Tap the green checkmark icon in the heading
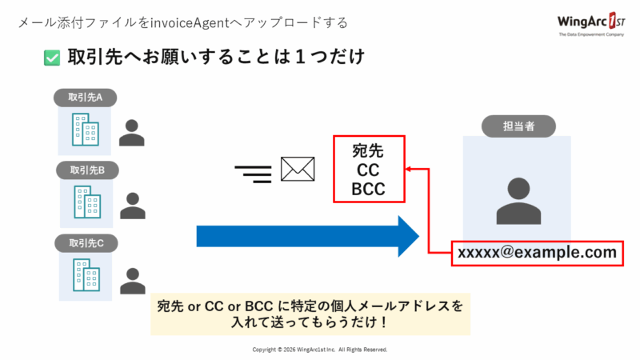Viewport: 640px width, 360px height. [x=52, y=58]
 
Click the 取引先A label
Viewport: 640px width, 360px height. [x=86, y=98]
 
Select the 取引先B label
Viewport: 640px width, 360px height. [x=87, y=170]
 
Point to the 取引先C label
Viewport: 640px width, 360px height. [x=86, y=242]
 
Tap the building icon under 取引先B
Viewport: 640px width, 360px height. [x=86, y=203]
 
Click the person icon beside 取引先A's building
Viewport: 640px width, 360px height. [x=132, y=133]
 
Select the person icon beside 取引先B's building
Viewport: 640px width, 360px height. [x=132, y=206]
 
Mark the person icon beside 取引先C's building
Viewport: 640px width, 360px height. [x=132, y=279]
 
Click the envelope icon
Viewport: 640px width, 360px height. [x=298, y=170]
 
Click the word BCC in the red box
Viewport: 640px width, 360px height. [x=369, y=190]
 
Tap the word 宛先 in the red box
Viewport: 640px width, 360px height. [x=369, y=150]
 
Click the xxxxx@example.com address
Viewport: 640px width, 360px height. [x=537, y=253]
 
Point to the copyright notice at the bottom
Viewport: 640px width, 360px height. [x=320, y=350]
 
